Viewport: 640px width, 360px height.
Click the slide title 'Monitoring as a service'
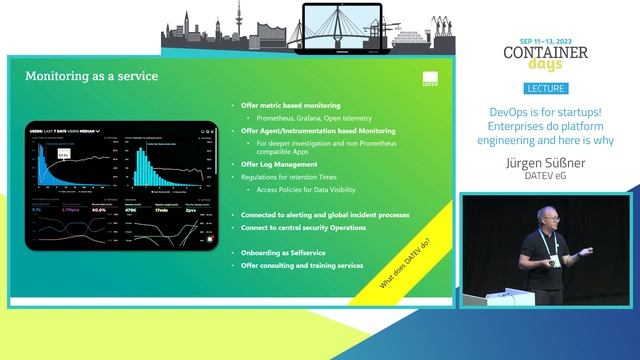pos(91,76)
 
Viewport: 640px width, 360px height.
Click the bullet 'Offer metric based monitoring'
pos(291,105)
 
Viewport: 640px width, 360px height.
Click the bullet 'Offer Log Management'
pos(276,164)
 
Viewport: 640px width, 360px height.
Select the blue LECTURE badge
pos(544,89)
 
